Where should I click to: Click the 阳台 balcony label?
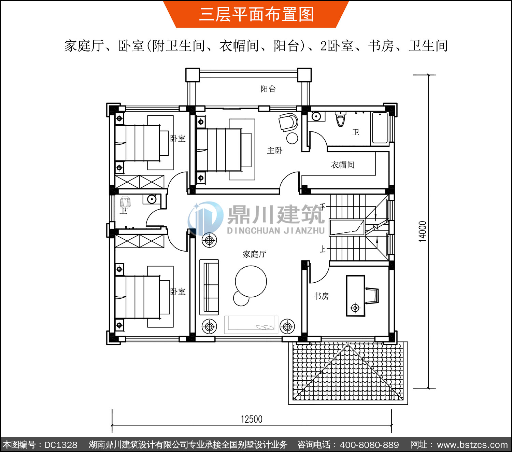tap(268, 89)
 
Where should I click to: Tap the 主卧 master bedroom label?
tap(275, 151)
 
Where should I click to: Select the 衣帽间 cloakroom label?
tap(343, 165)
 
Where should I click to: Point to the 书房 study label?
tap(321, 296)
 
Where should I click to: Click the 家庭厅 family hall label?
tap(255, 254)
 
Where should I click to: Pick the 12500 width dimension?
tap(252, 419)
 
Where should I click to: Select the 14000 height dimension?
tap(423, 231)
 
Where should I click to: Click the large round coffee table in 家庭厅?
tap(251, 281)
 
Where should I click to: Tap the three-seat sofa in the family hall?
tap(209, 287)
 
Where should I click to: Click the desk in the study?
tap(355, 296)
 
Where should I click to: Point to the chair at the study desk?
tap(372, 295)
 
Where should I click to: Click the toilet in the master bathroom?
tap(341, 119)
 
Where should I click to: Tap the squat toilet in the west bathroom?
tap(125, 202)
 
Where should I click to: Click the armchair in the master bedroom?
tap(288, 122)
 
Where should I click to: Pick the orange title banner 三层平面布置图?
tap(256, 14)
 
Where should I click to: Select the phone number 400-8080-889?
tap(369, 445)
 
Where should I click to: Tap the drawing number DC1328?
tap(61, 445)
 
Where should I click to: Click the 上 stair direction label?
tap(323, 249)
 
